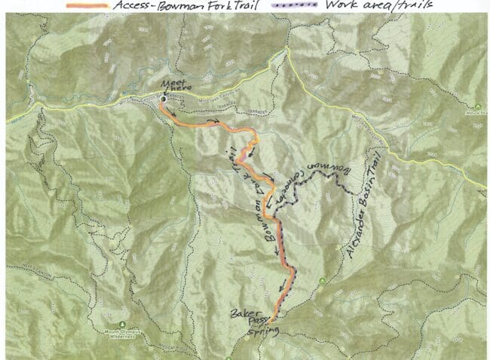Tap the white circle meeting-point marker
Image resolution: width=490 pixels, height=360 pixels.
(x=163, y=98)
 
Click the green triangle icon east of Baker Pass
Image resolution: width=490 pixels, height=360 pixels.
(x=322, y=282)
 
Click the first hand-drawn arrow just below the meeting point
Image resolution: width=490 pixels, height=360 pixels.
(x=174, y=112)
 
